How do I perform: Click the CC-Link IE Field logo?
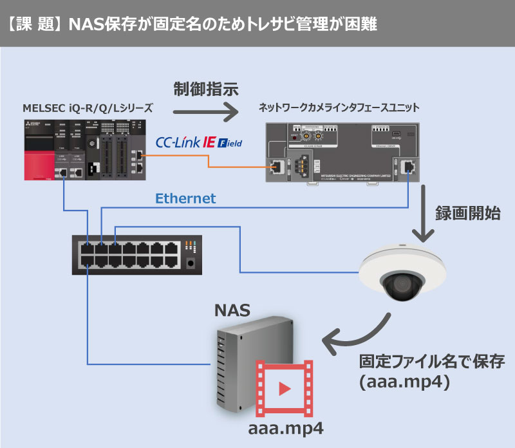tap(199, 142)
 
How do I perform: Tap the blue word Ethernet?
tap(187, 199)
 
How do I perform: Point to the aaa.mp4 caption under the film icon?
tap(286, 429)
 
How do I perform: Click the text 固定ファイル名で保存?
tap(425, 360)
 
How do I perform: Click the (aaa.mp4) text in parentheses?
tap(403, 382)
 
